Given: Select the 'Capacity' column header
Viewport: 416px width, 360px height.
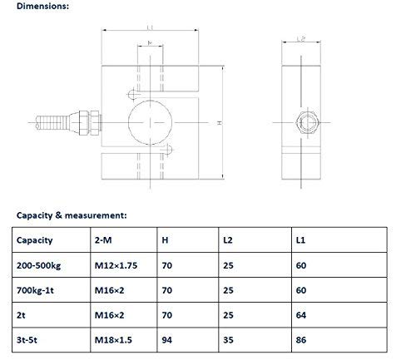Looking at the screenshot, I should pyautogui.click(x=35, y=240).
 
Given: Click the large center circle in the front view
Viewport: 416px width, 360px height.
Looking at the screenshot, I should pyautogui.click(x=151, y=121).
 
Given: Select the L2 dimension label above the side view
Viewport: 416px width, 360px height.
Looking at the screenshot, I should pyautogui.click(x=301, y=39).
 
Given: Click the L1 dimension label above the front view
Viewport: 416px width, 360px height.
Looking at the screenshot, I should pyautogui.click(x=151, y=27).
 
